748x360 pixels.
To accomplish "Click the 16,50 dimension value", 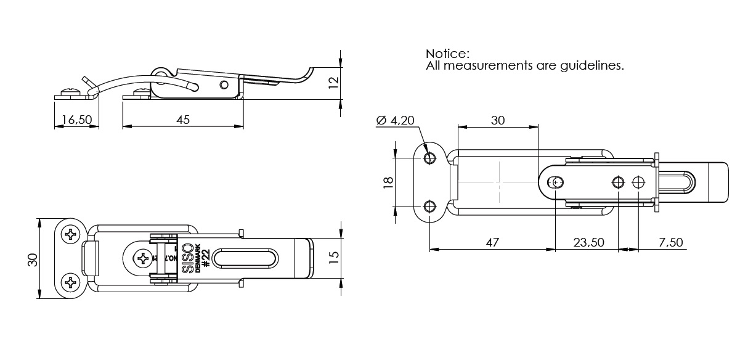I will pyautogui.click(x=76, y=120).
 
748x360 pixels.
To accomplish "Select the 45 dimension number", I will pyautogui.click(x=183, y=120).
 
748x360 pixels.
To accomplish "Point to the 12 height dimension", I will pyautogui.click(x=333, y=83).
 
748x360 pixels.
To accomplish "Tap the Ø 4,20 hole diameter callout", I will pyautogui.click(x=395, y=120).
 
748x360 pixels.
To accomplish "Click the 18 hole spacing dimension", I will pyautogui.click(x=388, y=183).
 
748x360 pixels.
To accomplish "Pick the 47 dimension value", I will pyautogui.click(x=491, y=242).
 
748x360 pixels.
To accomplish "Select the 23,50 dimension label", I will pyautogui.click(x=588, y=242).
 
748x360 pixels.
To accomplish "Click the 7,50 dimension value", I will pyautogui.click(x=670, y=242).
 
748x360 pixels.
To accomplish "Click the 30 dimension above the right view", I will pyautogui.click(x=498, y=120).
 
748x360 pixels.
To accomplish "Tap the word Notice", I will pyautogui.click(x=447, y=54).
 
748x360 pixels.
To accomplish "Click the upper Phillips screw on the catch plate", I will pyautogui.click(x=71, y=235).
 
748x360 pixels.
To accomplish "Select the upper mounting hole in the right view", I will pyautogui.click(x=429, y=158).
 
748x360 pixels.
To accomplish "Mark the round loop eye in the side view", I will pyautogui.click(x=160, y=73).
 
